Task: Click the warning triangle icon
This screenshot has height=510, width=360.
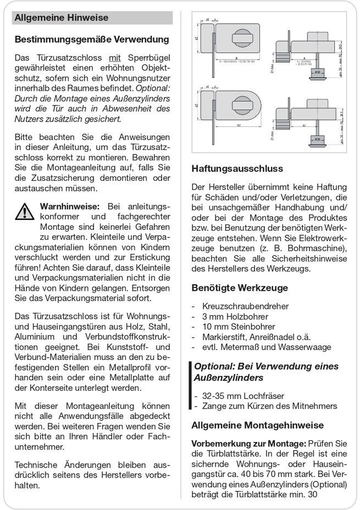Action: pyautogui.click(x=25, y=212)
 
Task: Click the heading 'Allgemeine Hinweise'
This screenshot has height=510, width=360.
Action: pyautogui.click(x=61, y=18)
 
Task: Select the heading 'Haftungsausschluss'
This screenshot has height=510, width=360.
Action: pyautogui.click(x=237, y=169)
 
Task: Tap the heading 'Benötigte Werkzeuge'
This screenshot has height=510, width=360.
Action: pyautogui.click(x=239, y=287)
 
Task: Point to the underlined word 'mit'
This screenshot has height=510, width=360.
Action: pyautogui.click(x=114, y=58)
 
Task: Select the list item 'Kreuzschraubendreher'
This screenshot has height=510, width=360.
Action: pyautogui.click(x=245, y=306)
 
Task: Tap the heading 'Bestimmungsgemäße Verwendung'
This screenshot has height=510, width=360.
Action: pyautogui.click(x=92, y=40)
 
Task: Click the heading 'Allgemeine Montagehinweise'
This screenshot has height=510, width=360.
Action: pyautogui.click(x=257, y=425)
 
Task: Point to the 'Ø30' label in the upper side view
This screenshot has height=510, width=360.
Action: pyautogui.click(x=318, y=72)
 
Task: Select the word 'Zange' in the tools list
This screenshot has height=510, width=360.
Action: pyautogui.click(x=214, y=406)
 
